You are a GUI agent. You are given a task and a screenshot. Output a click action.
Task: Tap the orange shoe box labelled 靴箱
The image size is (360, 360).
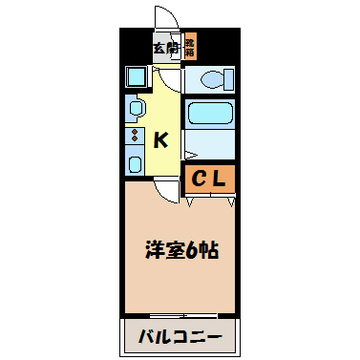(190, 46)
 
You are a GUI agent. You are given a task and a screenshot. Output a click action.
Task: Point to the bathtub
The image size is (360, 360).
(209, 115)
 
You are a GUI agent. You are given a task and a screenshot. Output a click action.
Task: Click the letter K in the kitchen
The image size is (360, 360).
(161, 140)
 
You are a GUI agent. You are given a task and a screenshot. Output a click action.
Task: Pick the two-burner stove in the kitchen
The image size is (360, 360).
(134, 136)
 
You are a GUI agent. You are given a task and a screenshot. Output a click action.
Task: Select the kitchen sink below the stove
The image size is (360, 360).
(134, 162)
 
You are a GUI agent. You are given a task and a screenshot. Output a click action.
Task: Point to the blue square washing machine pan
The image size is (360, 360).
(136, 75)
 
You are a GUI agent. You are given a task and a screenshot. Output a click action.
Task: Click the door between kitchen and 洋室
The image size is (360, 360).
(169, 189)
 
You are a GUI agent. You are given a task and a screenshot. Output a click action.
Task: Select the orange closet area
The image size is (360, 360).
(210, 178)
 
